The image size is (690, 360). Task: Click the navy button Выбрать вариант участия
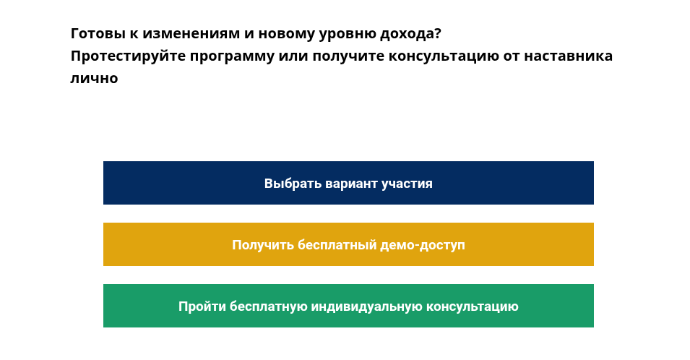point(348,183)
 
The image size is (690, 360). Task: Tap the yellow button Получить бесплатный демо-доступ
point(348,244)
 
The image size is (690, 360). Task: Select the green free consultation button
point(348,306)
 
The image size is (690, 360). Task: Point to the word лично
point(94,78)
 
